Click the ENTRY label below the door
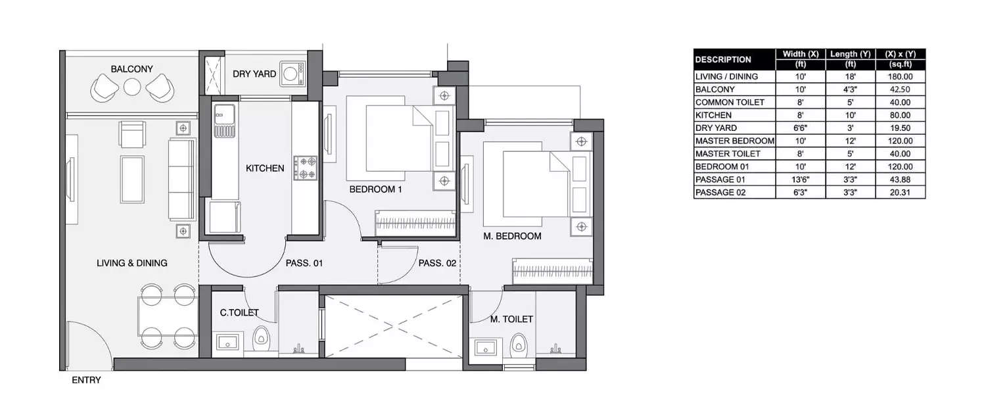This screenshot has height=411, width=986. pyautogui.click(x=86, y=380)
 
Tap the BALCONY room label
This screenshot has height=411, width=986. pyautogui.click(x=131, y=69)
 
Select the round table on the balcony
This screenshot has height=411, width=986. pyautogui.click(x=132, y=87)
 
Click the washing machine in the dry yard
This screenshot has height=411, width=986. pyautogui.click(x=291, y=74)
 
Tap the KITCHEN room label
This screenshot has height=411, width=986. pyautogui.click(x=265, y=168)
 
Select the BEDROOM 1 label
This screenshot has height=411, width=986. pyautogui.click(x=375, y=189)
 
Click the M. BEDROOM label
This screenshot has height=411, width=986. pyautogui.click(x=512, y=236)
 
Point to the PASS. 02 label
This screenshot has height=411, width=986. pyautogui.click(x=437, y=263)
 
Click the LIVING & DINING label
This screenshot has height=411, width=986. pyautogui.click(x=131, y=263)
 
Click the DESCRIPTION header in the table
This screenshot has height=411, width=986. pyautogui.click(x=723, y=60)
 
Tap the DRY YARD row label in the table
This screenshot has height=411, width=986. pyautogui.click(x=716, y=128)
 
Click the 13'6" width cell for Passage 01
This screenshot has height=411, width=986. pyautogui.click(x=797, y=180)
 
